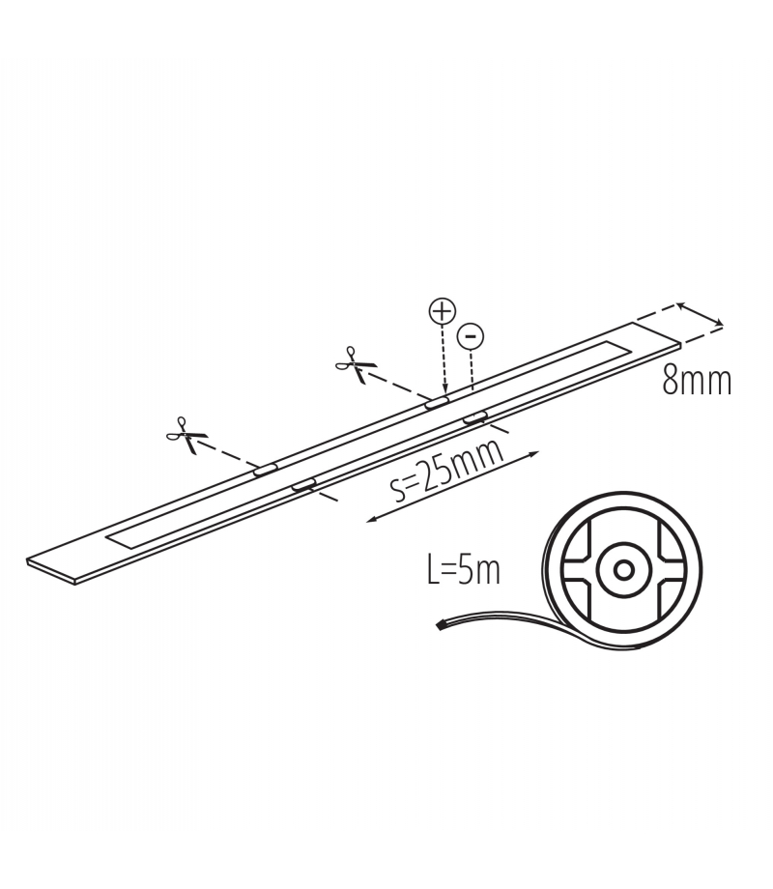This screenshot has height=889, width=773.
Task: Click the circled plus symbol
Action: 442,311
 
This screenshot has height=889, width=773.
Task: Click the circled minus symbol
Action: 470,336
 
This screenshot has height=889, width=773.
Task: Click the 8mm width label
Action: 696,381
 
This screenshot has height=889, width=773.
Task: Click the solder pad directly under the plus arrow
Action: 438,400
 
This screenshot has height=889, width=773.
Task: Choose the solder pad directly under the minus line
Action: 474,417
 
